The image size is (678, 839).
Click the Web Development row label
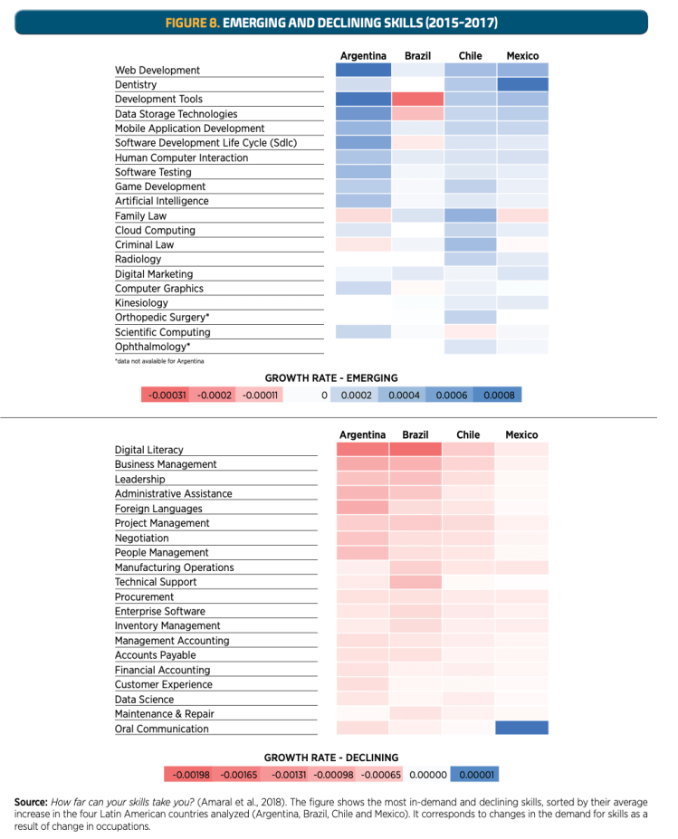coord(158,71)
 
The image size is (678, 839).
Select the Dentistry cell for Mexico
coord(522,84)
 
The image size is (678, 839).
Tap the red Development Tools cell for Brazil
coord(417,99)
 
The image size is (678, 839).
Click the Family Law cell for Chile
coord(470,215)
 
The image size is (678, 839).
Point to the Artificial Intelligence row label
coord(161,201)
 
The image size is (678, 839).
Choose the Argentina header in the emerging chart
coord(363,56)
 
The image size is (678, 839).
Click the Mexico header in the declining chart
coord(521,434)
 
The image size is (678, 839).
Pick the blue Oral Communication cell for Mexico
coord(522,728)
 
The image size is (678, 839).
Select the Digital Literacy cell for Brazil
coord(415,449)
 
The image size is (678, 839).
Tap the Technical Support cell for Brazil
coord(415,581)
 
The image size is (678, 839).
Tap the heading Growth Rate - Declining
coord(330,758)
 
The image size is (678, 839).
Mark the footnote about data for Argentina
coord(159,361)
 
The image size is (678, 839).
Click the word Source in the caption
coord(31,802)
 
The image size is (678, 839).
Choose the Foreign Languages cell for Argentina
coord(363,508)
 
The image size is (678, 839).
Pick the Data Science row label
coord(144,700)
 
